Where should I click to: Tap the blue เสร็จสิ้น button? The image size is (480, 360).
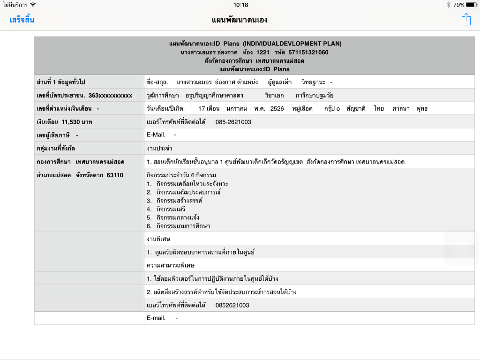[x=22, y=20]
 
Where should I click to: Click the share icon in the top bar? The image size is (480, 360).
[x=465, y=19]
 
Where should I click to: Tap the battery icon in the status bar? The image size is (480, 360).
[x=472, y=5]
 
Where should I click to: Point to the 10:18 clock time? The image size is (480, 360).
[x=240, y=5]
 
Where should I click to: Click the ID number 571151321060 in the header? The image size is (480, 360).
[x=308, y=52]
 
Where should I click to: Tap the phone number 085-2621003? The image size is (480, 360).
[x=233, y=122]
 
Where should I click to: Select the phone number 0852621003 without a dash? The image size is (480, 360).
[x=232, y=305]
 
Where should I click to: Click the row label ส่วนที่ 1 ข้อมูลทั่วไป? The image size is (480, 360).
[x=61, y=82]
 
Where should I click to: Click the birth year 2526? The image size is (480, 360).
[x=277, y=109]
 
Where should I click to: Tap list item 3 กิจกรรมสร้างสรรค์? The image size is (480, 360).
[x=179, y=201]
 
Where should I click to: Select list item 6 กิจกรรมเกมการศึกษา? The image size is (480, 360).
[x=183, y=226]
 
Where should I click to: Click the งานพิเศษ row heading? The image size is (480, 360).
[x=158, y=239]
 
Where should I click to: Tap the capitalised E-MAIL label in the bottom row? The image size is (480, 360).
[x=156, y=318]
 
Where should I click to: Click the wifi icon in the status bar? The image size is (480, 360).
[x=33, y=5]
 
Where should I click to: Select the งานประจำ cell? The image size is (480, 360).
[x=159, y=149]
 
